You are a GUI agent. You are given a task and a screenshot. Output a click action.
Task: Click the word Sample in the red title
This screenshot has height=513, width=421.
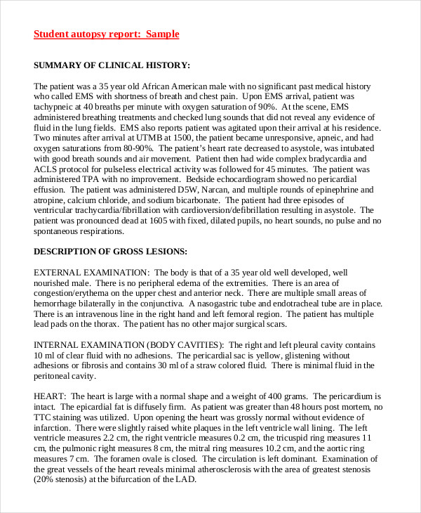[162, 34]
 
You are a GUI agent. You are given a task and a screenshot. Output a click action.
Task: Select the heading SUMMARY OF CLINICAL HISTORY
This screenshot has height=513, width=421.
[112, 65]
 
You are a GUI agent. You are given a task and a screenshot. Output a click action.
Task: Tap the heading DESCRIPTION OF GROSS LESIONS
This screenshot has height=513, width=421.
[110, 251]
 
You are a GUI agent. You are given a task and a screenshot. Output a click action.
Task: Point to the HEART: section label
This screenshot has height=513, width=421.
[51, 396]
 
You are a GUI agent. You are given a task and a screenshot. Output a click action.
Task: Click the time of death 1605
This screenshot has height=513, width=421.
[154, 221]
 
